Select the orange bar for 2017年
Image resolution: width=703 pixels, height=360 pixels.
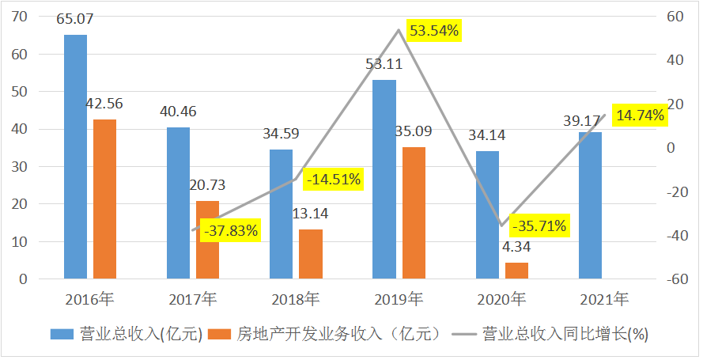[208, 241]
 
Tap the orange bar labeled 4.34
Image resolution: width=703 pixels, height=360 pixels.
[516, 271]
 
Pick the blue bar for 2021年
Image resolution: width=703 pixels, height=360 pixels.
[590, 206]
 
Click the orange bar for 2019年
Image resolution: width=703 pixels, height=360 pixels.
[414, 214]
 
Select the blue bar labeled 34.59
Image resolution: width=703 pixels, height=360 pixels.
[281, 214]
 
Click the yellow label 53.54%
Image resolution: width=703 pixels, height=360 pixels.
[433, 31]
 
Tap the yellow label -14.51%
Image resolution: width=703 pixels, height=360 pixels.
[333, 180]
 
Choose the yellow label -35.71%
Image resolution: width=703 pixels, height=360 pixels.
[539, 226]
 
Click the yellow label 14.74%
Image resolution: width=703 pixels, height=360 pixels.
[641, 116]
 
